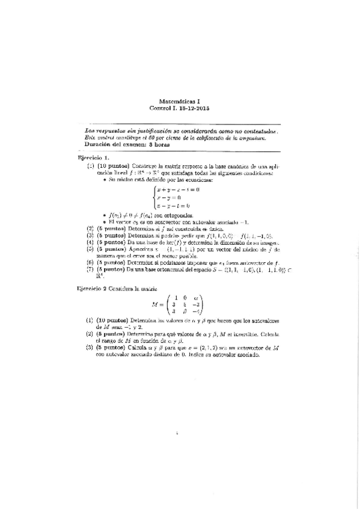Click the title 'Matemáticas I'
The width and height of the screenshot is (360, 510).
coord(179,102)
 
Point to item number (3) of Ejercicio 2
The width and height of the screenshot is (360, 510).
coord(91,348)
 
